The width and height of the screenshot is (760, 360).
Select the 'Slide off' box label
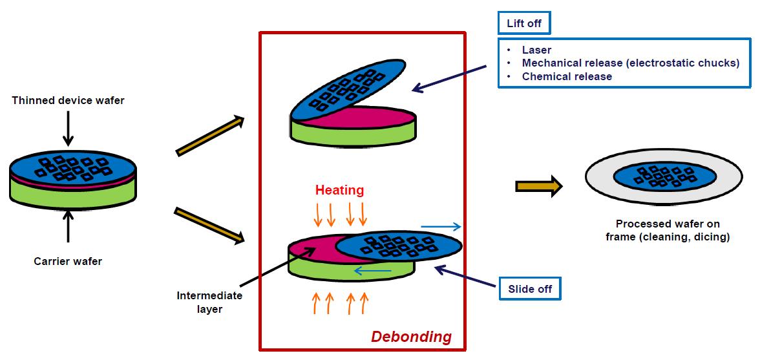(530, 289)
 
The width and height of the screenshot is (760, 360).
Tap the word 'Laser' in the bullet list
(536, 50)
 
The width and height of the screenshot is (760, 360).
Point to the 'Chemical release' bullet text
(567, 76)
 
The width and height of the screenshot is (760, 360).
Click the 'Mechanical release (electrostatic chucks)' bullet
(630, 63)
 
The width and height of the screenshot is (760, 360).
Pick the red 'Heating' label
(339, 190)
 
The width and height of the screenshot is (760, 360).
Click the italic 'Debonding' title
(411, 337)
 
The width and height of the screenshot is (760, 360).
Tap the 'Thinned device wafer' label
(67, 101)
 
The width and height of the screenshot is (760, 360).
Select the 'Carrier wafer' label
(67, 261)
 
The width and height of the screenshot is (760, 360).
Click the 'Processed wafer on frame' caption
(668, 231)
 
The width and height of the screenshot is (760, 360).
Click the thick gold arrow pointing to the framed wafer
(538, 187)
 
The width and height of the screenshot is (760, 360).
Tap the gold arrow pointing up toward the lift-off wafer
(210, 136)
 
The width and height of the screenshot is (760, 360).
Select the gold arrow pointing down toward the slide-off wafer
(210, 226)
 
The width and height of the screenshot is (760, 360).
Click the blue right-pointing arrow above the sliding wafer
(441, 227)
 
